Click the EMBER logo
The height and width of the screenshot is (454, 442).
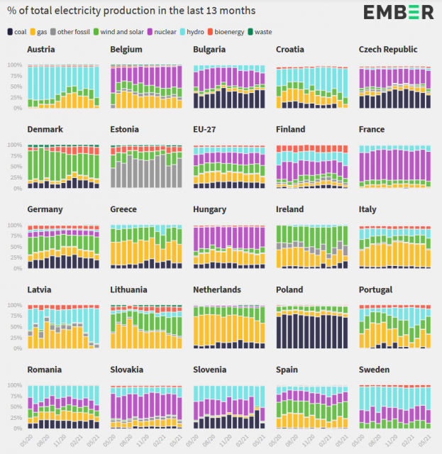coord(398,11)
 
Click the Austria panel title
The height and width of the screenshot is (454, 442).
coord(41,50)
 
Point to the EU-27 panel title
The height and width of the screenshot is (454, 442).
coord(206,130)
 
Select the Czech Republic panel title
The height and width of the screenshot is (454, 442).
coord(388,50)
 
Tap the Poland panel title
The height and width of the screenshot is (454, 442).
coord(290,290)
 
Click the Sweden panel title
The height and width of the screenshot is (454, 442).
coord(374,370)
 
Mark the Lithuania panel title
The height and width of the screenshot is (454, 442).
coord(131,290)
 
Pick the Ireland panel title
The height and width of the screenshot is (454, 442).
coord(290,210)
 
